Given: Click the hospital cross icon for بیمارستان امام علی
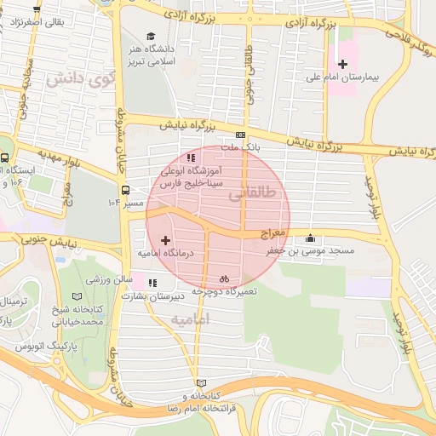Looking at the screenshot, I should click(x=342, y=64).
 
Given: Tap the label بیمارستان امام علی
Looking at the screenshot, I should click(x=352, y=77).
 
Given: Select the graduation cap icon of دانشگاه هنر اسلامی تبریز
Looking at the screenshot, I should click(x=151, y=37).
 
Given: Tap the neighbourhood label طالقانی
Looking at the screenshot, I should click(x=253, y=194).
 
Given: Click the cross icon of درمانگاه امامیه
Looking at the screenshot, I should click(x=165, y=241).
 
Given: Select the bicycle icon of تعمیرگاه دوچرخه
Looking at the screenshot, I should click(x=224, y=278).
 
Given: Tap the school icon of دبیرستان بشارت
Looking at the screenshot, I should click(x=152, y=283).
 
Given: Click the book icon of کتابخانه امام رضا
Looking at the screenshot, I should click(x=201, y=383).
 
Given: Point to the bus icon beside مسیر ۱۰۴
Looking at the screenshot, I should click(x=125, y=190).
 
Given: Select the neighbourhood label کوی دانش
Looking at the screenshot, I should click(x=79, y=81).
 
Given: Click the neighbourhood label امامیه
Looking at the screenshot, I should click(x=190, y=319).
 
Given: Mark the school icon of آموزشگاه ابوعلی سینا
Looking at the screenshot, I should click(x=190, y=158).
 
